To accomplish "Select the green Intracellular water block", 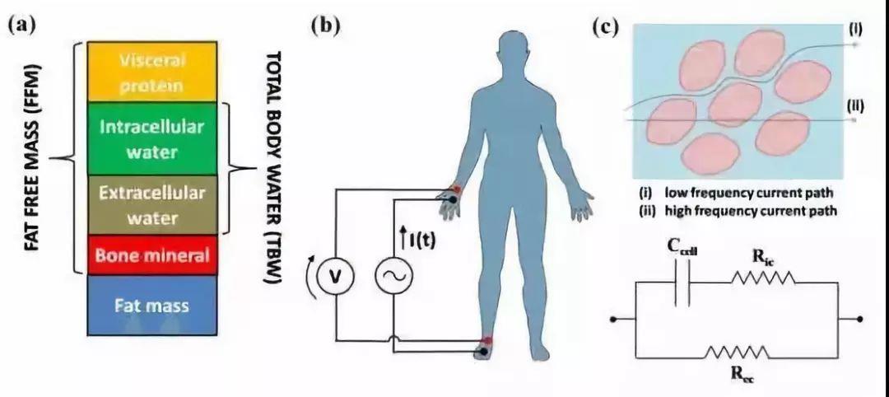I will (152, 138).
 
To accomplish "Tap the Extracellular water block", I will (152, 204).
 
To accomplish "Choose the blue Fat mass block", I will (152, 306).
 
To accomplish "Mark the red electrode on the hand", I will (456, 190).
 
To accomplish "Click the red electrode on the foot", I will (488, 340).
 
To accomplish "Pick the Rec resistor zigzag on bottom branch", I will (738, 353).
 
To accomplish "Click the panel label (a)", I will (22, 25).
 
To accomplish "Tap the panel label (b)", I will (325, 25).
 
